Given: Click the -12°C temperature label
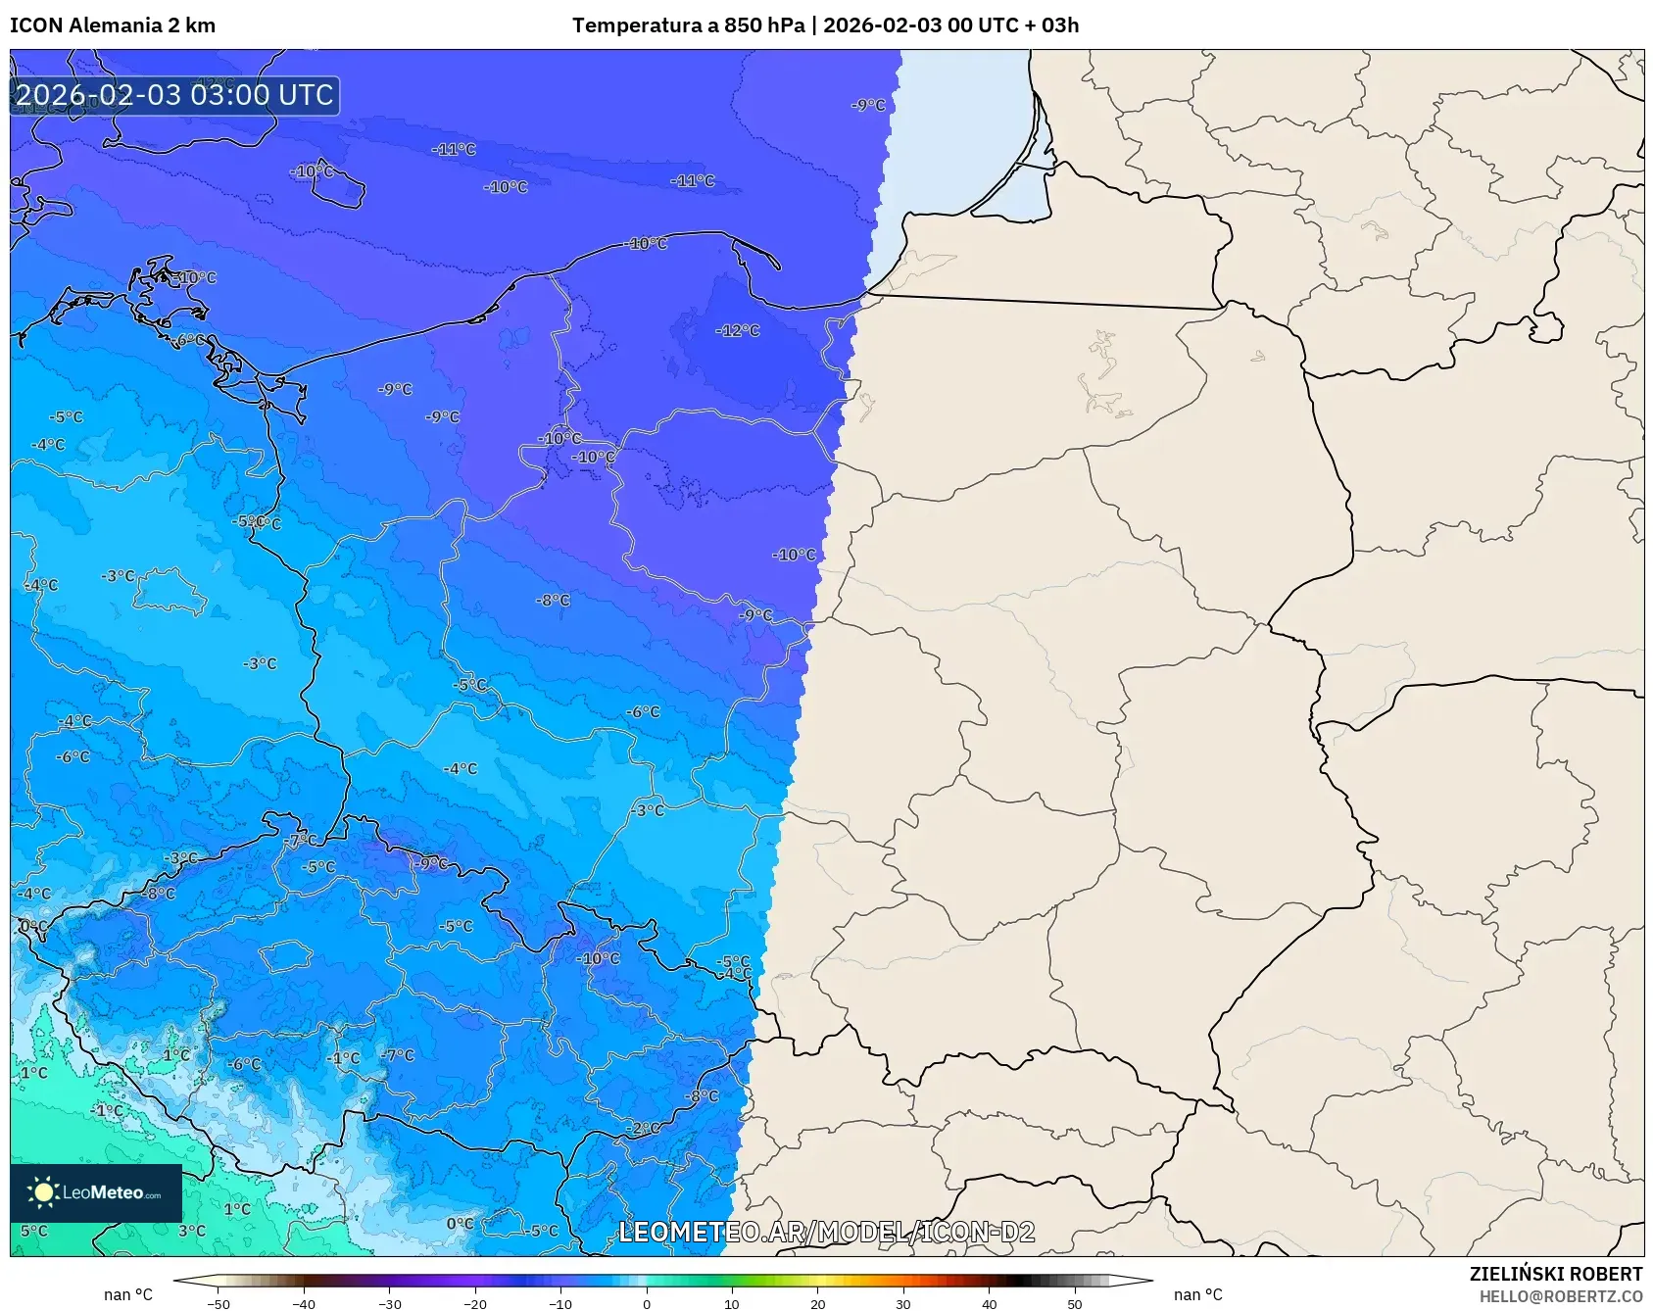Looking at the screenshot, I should [738, 331].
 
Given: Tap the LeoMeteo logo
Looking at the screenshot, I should [96, 1192].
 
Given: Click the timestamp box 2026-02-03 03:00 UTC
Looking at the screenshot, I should [174, 95].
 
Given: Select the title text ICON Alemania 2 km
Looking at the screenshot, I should [113, 25].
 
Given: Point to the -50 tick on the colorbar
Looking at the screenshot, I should [219, 1303].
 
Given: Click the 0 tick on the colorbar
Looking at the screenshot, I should [647, 1303].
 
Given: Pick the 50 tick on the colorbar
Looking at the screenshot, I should [1075, 1303].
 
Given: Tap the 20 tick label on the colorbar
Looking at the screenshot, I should [818, 1303].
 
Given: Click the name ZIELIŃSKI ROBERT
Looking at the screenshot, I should [1555, 1274].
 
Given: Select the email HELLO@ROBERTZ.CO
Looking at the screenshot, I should [1560, 1296].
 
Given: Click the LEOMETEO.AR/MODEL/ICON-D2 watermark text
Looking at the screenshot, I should [826, 1232].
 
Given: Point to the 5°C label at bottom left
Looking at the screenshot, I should [33, 1231].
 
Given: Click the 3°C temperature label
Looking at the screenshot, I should [191, 1231].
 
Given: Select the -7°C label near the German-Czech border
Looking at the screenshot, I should [301, 841].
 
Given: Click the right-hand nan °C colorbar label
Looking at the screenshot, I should [1197, 1294].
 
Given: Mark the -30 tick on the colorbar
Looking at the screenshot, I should [390, 1303].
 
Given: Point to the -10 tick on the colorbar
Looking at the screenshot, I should [560, 1303].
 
